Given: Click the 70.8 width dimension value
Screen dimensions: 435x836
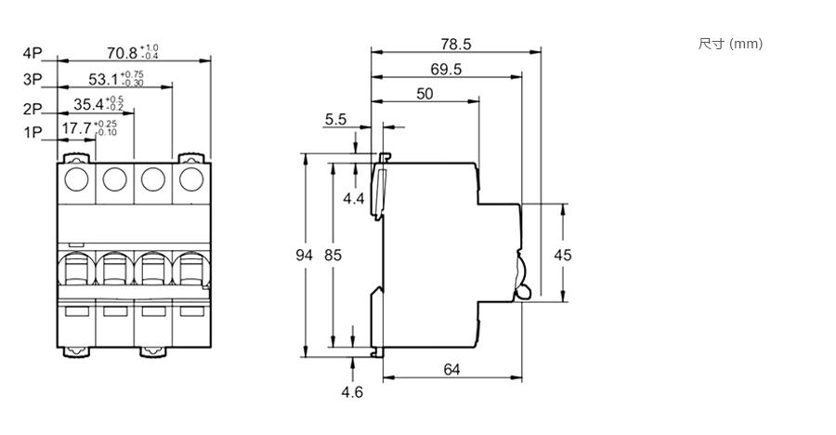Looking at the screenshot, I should pyautogui.click(x=124, y=52).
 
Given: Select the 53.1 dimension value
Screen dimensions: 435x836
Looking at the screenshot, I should pyautogui.click(x=105, y=80).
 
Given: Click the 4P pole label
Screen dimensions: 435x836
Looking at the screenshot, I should pyautogui.click(x=33, y=53).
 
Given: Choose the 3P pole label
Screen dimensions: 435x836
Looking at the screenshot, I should pyautogui.click(x=33, y=80).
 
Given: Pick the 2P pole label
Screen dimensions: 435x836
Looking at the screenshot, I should pyautogui.click(x=33, y=108).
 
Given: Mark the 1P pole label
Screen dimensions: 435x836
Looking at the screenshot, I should pyautogui.click(x=33, y=133).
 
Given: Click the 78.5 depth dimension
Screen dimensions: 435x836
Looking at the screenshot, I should pyautogui.click(x=455, y=44).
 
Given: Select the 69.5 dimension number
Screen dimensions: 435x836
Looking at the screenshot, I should pyautogui.click(x=447, y=69).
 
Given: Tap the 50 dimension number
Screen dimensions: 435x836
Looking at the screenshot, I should pyautogui.click(x=425, y=93).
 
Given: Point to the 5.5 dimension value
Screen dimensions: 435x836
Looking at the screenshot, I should pyautogui.click(x=335, y=119).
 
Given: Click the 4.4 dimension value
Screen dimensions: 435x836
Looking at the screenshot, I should pyautogui.click(x=353, y=198).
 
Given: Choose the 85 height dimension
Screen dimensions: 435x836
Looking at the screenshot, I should pyautogui.click(x=332, y=255).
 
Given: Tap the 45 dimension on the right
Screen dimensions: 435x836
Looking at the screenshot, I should pyautogui.click(x=562, y=255).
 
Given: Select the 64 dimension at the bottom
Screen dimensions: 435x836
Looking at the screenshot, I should pyautogui.click(x=451, y=370).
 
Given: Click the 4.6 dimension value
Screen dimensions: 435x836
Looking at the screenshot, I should pyautogui.click(x=351, y=392).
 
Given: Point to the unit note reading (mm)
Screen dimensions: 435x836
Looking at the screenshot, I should pyautogui.click(x=746, y=44).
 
